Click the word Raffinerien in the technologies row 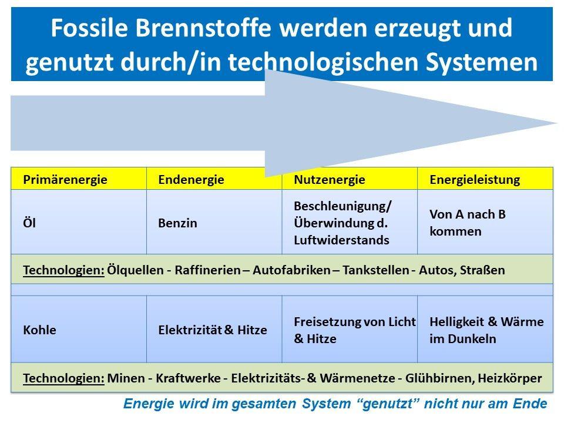click(x=207, y=270)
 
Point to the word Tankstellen click(x=375, y=270)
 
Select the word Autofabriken click(x=291, y=270)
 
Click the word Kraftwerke click(x=188, y=378)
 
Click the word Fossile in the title click(x=89, y=28)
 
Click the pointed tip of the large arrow click(x=557, y=123)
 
